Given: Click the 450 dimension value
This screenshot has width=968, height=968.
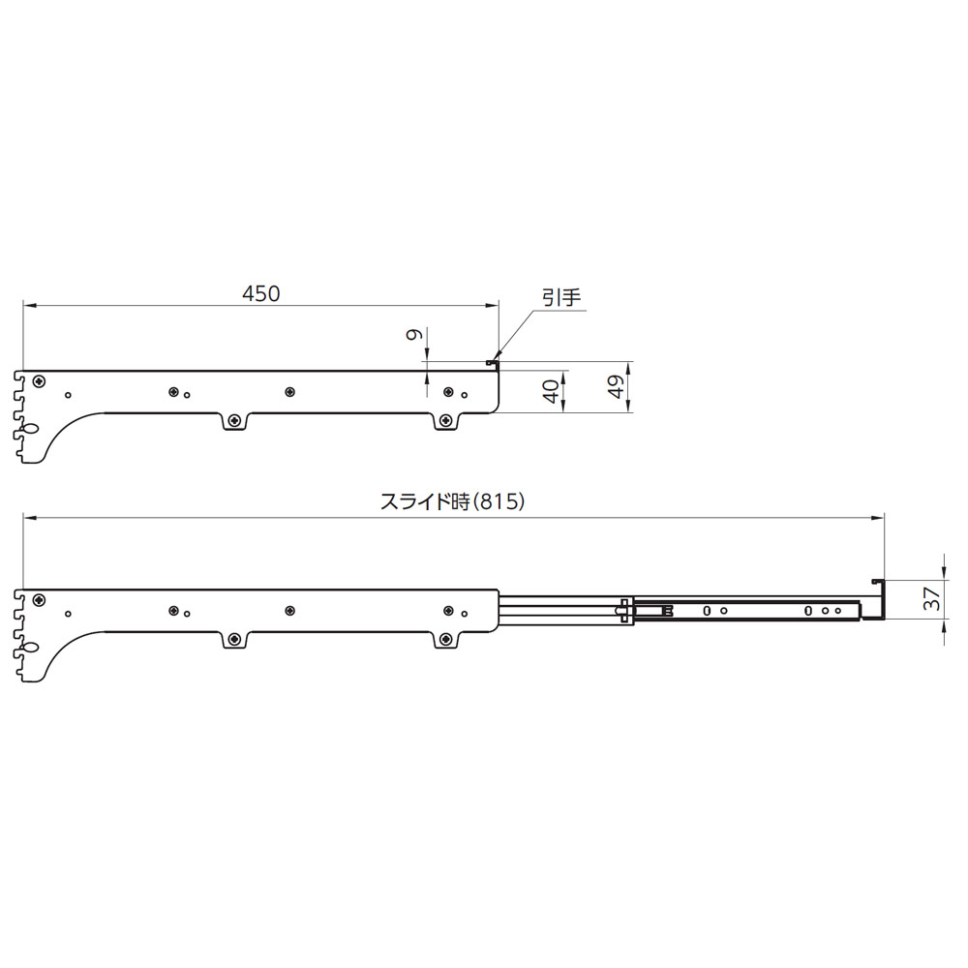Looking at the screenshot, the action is click(x=260, y=294).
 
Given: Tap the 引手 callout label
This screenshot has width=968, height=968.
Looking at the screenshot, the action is click(x=561, y=297).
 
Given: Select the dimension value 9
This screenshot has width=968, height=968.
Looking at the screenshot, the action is click(x=414, y=335).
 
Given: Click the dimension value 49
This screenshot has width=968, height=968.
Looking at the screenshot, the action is click(x=616, y=387).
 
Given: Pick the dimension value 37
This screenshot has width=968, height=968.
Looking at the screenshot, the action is click(x=931, y=598).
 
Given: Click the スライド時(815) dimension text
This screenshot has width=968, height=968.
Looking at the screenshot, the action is click(x=452, y=501).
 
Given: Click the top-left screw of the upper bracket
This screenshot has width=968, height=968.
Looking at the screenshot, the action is click(x=40, y=380).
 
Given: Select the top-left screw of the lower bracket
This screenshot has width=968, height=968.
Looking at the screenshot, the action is click(x=40, y=599).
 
